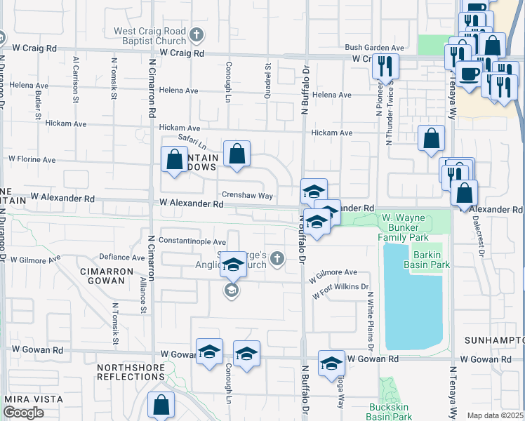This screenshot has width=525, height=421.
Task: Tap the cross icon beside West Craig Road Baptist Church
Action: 197,33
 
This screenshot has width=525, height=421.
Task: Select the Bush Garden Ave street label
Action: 374,48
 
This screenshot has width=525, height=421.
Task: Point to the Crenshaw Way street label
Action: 247,196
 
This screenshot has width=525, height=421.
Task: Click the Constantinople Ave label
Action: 192,241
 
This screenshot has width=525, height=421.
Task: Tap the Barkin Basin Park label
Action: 426,260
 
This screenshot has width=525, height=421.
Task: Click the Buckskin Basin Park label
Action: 390,411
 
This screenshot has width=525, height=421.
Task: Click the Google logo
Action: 24,413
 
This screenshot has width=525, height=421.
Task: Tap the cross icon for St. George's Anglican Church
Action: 277,259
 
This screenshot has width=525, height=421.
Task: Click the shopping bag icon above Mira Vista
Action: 161,404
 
